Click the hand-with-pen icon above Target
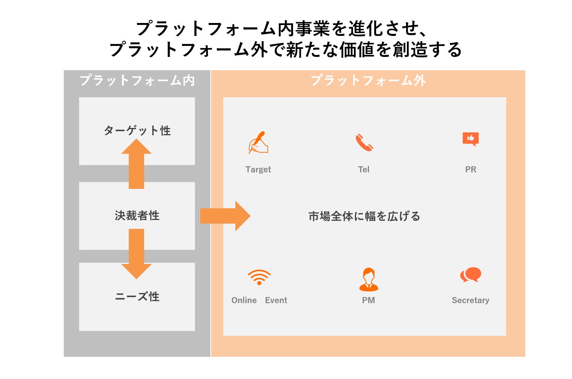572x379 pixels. pos(258,142)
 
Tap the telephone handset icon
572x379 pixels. pos(364,142)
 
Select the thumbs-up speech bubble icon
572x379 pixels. pos(471,139)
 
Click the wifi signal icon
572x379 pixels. pos(259,277)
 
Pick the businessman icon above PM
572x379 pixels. pos(369,279)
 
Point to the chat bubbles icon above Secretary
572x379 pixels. pos(471,275)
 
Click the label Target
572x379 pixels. pos(258,170)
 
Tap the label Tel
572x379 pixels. pos(364,170)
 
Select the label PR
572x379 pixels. pos(471,170)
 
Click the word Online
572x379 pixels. pos(244,300)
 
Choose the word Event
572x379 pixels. pos(276,300)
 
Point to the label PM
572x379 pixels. pos(369,300)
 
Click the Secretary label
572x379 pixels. pos(471,300)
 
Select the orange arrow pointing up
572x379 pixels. pos(136,163)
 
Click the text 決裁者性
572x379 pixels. pos(137,216)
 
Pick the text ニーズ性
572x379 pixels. pos(137,297)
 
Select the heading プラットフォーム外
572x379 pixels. pos(368,81)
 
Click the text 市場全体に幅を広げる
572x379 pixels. pos(364,216)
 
